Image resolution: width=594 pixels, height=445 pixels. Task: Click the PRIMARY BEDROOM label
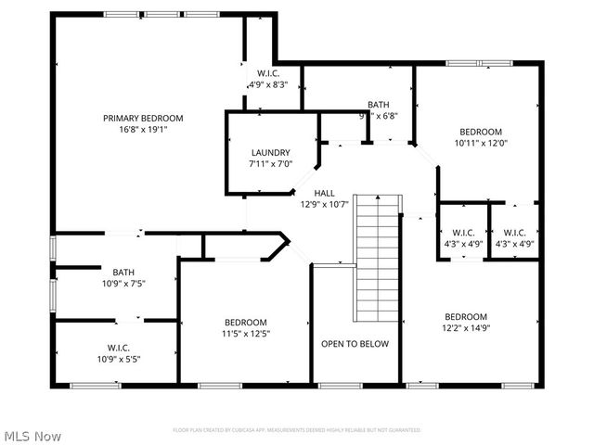(x=142, y=118)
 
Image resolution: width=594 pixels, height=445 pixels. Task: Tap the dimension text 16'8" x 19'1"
(x=142, y=130)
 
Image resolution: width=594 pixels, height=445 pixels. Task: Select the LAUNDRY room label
(x=270, y=153)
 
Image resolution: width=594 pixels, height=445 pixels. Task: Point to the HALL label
(x=324, y=193)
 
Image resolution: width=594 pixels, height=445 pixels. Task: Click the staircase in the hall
(x=377, y=257)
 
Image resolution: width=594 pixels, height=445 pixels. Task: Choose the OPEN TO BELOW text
(x=355, y=344)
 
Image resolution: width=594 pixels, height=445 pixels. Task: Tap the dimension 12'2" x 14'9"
(x=465, y=327)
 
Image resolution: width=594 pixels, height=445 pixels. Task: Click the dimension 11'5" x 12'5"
(x=245, y=333)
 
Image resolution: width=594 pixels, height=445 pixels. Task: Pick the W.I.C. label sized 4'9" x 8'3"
(x=267, y=73)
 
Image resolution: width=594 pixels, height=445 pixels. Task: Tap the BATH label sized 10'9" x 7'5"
(x=123, y=273)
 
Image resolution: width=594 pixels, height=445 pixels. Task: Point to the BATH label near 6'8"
(x=378, y=105)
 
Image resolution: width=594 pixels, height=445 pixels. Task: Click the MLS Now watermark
(x=32, y=435)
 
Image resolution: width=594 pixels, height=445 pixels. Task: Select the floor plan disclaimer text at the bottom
(x=296, y=430)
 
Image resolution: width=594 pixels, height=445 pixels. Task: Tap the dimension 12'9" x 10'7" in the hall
(x=324, y=205)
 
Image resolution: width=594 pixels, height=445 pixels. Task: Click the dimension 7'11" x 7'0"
(x=270, y=164)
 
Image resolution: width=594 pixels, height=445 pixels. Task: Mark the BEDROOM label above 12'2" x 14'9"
(x=465, y=316)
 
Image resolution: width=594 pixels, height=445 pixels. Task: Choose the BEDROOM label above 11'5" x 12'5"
(x=245, y=322)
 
